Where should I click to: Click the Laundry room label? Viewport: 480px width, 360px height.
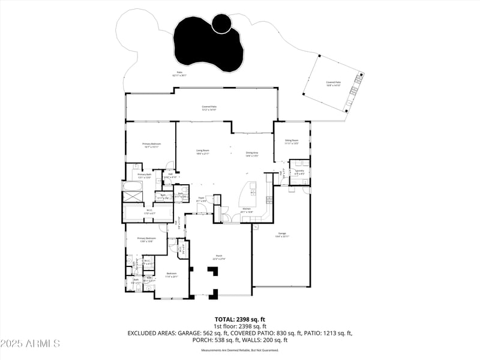point(299,172)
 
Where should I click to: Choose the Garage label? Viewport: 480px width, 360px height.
point(282,235)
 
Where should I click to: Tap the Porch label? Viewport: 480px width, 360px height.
point(219,257)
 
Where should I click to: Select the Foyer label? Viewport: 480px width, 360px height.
point(202,199)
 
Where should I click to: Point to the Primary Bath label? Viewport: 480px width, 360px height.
point(145,175)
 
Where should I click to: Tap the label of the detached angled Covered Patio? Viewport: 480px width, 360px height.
point(333,83)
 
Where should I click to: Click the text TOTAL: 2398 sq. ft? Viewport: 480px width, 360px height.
point(240,319)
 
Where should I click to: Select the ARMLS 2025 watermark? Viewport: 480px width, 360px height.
point(30,344)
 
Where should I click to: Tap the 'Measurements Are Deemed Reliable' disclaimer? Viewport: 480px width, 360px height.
point(240,350)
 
